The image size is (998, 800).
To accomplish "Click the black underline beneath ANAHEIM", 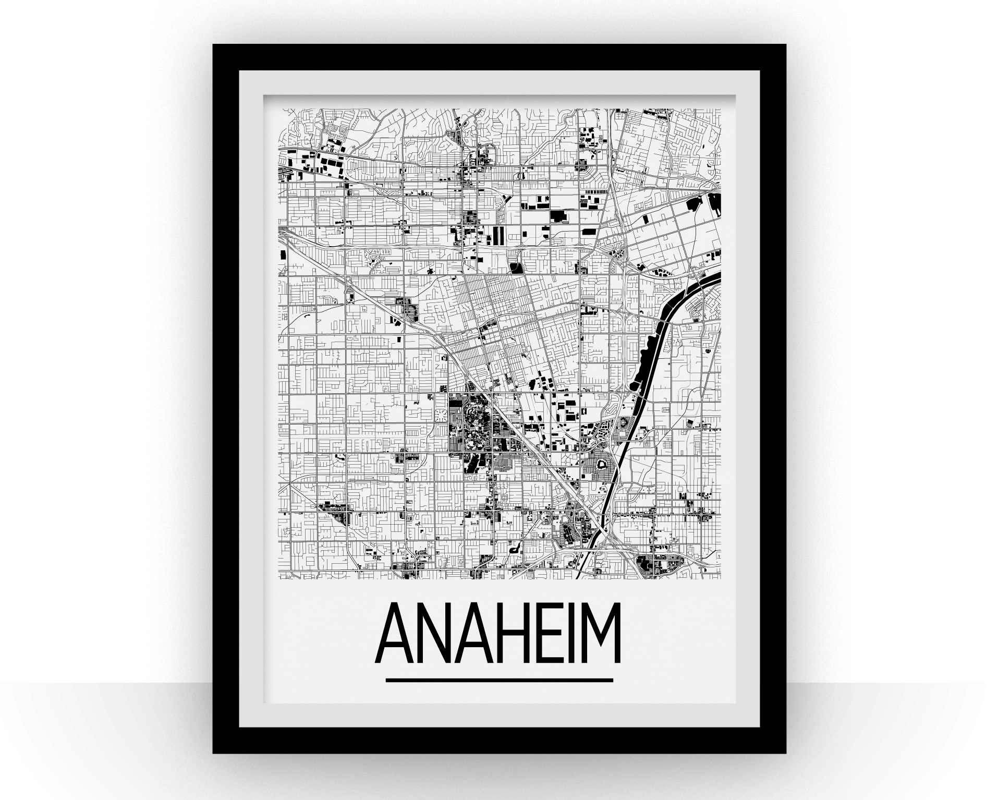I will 499,679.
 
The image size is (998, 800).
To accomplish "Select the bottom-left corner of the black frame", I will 214,752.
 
